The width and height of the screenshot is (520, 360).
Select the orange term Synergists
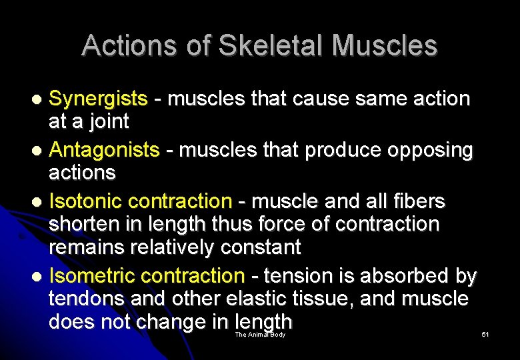pyautogui.click(x=98, y=99)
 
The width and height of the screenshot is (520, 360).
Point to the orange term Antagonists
pyautogui.click(x=105, y=150)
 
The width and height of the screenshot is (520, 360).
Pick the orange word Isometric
pyautogui.click(x=91, y=275)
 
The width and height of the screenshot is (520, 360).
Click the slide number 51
pyautogui.click(x=485, y=335)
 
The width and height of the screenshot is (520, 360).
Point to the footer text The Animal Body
pyautogui.click(x=260, y=335)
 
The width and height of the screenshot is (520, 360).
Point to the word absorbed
pyautogui.click(x=402, y=275)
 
